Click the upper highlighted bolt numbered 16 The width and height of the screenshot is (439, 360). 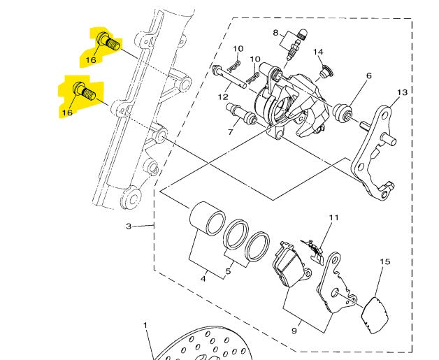pyautogui.click(x=108, y=42)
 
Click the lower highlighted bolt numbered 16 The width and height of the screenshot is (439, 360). pyautogui.click(x=85, y=91)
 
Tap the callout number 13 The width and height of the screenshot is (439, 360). pyautogui.click(x=403, y=92)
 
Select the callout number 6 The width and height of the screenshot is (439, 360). pyautogui.click(x=368, y=75)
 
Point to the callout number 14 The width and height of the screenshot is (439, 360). pyautogui.click(x=318, y=52)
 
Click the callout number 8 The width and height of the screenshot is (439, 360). pyautogui.click(x=276, y=33)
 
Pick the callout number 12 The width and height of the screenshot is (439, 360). pyautogui.click(x=223, y=97)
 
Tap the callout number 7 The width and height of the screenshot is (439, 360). pyautogui.click(x=231, y=131)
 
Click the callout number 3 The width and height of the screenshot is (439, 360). pyautogui.click(x=129, y=226)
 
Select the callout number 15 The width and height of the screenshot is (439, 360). pyautogui.click(x=385, y=261)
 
